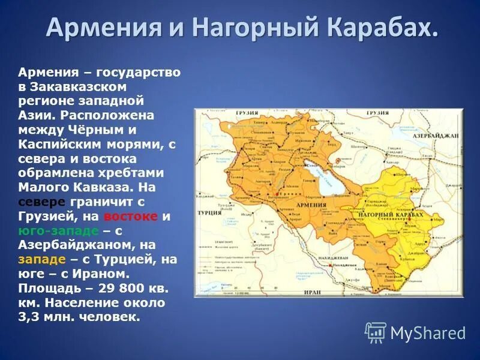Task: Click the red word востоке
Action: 130,216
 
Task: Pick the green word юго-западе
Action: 56,230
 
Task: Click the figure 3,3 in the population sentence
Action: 28,317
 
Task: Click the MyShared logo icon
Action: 376,332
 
